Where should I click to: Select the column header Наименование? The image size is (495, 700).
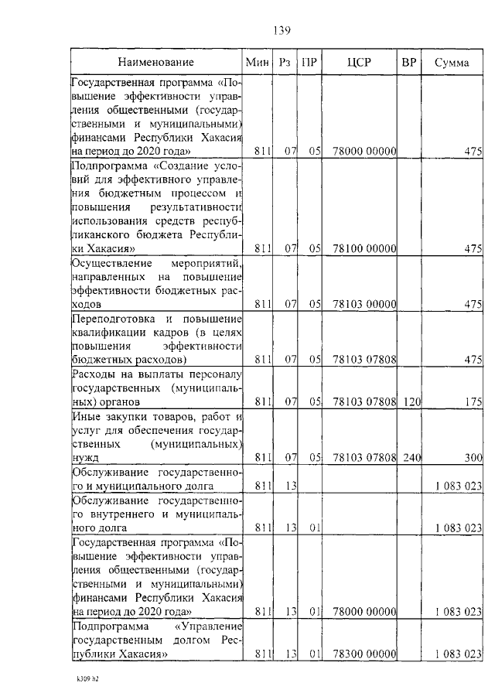click(x=156, y=62)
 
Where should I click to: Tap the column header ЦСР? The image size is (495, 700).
click(x=360, y=62)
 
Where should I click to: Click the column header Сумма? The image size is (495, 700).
click(x=452, y=62)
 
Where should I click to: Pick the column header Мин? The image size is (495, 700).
click(x=256, y=62)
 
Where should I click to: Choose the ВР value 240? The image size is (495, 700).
click(x=411, y=458)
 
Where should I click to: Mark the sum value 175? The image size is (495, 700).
click(x=473, y=401)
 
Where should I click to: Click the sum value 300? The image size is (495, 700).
click(x=473, y=458)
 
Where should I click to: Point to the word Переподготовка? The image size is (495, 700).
click(x=111, y=319)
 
